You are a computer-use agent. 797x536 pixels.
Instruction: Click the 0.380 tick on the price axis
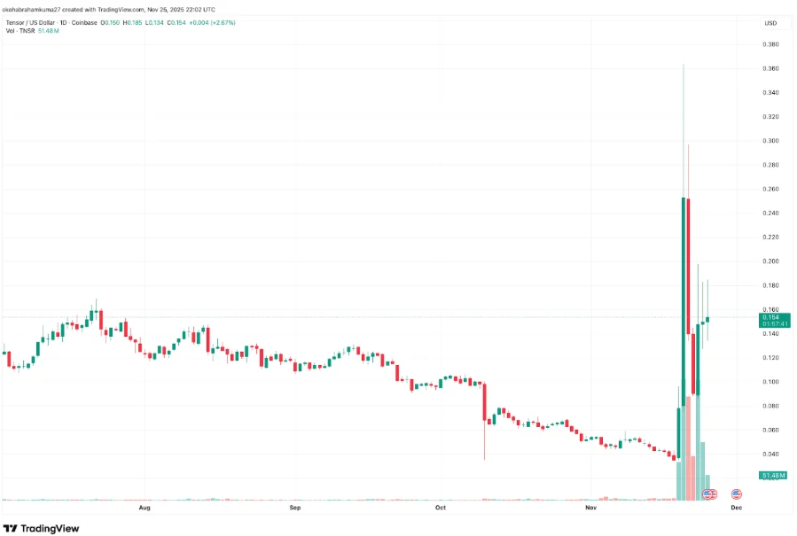pyautogui.click(x=771, y=44)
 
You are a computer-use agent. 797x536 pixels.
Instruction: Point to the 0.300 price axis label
pyautogui.click(x=771, y=141)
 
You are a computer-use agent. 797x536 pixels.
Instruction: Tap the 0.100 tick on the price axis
pyautogui.click(x=771, y=382)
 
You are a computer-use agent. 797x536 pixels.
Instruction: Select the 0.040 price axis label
pyautogui.click(x=771, y=454)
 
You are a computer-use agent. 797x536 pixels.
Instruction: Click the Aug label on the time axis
pyautogui.click(x=145, y=509)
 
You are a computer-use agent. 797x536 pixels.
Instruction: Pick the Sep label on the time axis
pyautogui.click(x=296, y=509)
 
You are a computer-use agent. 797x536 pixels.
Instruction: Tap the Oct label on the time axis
pyautogui.click(x=441, y=509)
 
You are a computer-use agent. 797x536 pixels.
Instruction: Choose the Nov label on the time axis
pyautogui.click(x=591, y=509)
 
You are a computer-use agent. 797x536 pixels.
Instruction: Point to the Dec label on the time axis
pyautogui.click(x=736, y=509)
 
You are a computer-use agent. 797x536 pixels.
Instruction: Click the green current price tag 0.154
pyautogui.click(x=775, y=317)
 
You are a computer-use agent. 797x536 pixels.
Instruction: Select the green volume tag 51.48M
pyautogui.click(x=775, y=476)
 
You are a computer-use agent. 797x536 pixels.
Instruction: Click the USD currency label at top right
pyautogui.click(x=770, y=22)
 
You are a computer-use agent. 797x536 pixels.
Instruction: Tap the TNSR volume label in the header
pyautogui.click(x=27, y=30)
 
